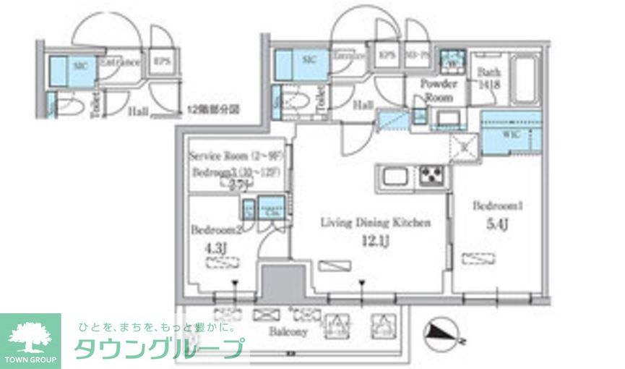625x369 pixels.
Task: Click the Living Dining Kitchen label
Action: click(x=376, y=223)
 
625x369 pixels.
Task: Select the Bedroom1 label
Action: click(x=497, y=206)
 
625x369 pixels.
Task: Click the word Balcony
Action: click(x=289, y=332)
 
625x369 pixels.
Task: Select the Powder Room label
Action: click(x=438, y=90)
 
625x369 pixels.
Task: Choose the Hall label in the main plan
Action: click(x=363, y=106)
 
